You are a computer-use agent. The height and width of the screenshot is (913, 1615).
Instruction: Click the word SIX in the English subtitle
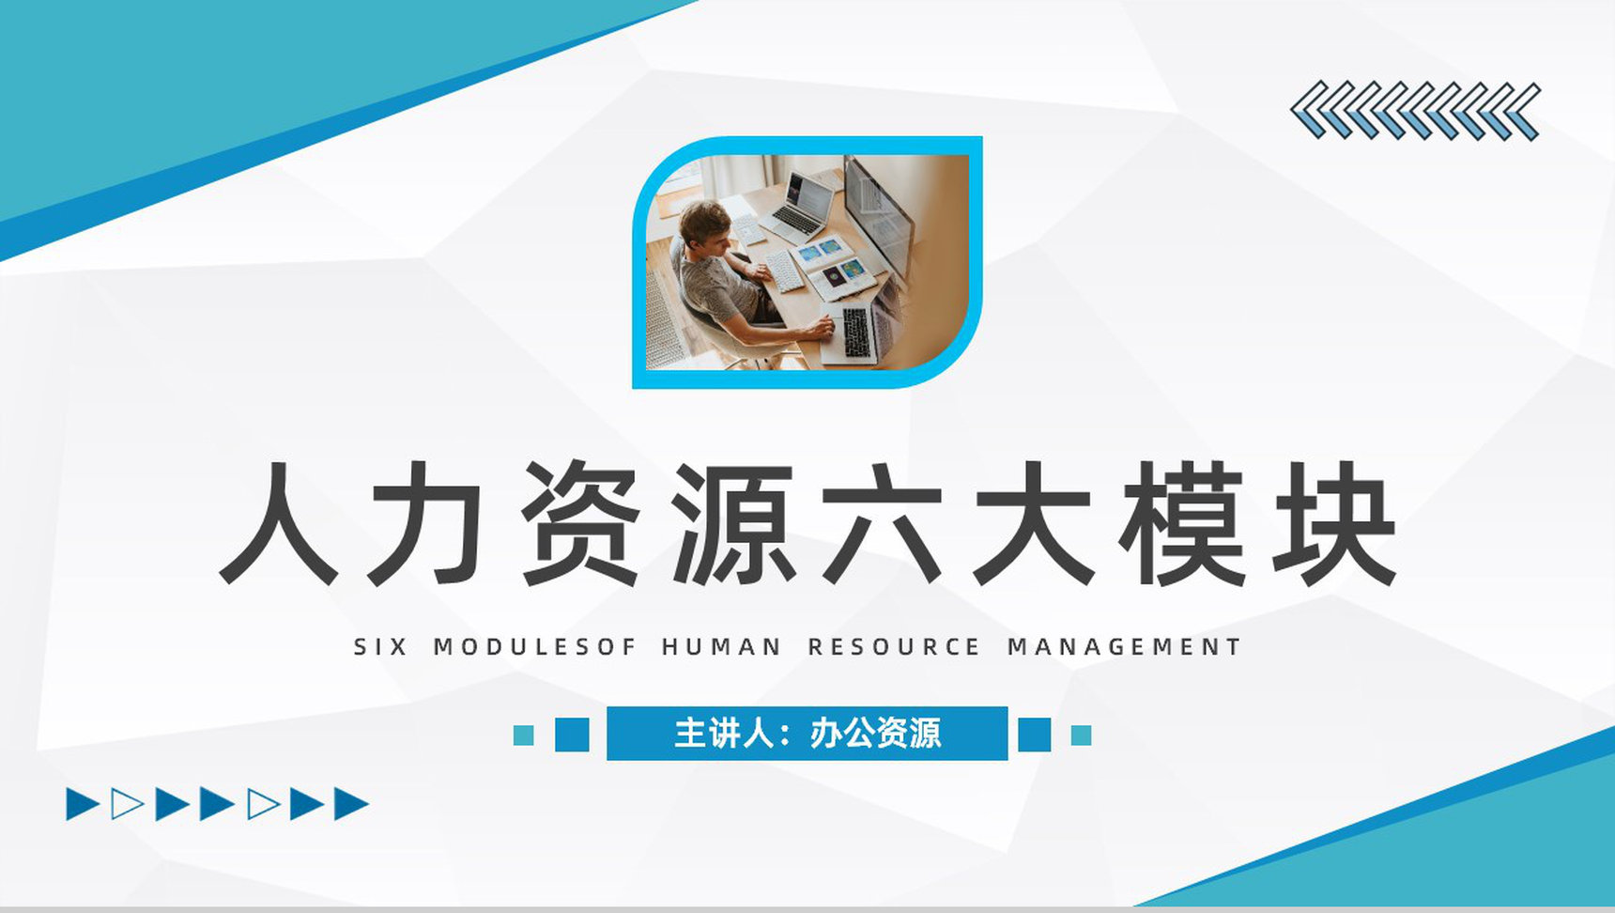coord(380,647)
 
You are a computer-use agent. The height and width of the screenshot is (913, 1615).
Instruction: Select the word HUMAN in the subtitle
coord(721,647)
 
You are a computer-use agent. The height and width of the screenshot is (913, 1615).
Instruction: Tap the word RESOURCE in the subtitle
coord(894,647)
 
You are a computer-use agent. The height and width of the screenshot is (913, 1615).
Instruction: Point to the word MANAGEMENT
coord(1124,647)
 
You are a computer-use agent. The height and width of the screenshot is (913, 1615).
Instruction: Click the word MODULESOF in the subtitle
coord(535,647)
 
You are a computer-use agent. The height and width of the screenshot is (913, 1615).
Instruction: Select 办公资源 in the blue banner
coord(875,734)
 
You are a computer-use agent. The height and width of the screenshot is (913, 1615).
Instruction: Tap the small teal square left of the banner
coord(523,735)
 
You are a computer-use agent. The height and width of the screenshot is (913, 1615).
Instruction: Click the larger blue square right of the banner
coord(1034,735)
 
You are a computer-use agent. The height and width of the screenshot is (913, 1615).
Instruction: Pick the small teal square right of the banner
coord(1081,735)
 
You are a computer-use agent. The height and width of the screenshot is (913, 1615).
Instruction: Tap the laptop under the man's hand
coord(853,333)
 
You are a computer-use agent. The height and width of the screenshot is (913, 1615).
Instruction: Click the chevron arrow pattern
coord(1415,112)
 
